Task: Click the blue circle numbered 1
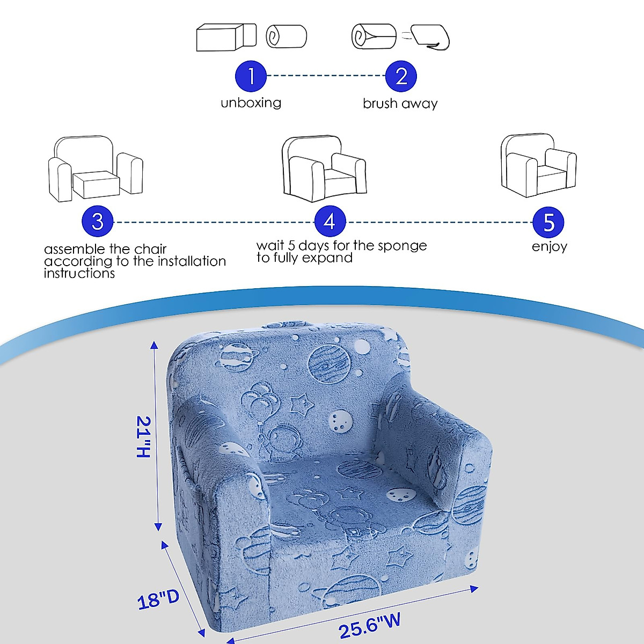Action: (251, 76)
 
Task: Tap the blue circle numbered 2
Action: (401, 76)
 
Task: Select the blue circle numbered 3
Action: (98, 222)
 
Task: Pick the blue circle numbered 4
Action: (330, 222)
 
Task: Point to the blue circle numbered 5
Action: (548, 222)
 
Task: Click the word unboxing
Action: (251, 103)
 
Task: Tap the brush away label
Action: (400, 104)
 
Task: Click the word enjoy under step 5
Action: (549, 246)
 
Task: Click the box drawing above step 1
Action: (226, 37)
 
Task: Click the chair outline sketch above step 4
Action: (324, 167)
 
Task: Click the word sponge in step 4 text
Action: (402, 246)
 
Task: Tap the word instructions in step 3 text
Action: (79, 273)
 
